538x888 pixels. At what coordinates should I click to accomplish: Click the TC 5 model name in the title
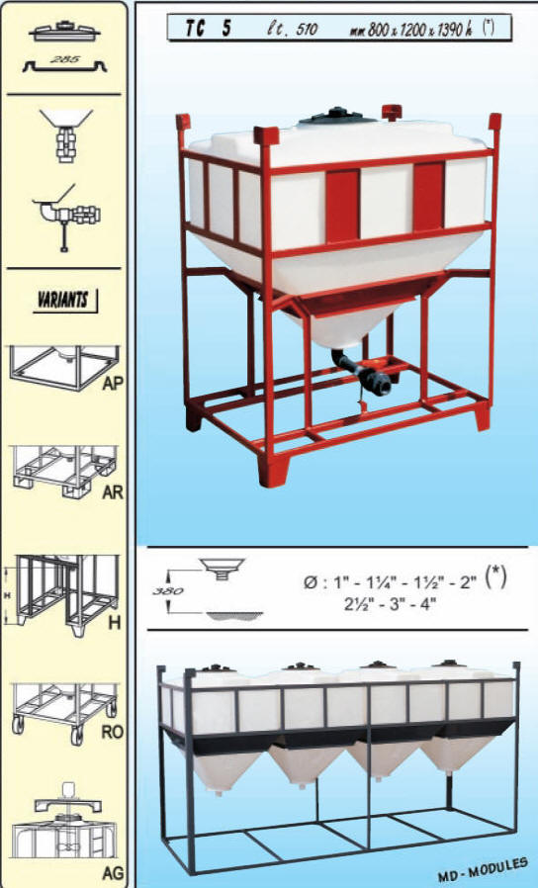tap(209, 28)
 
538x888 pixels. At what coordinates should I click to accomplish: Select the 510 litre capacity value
tap(307, 29)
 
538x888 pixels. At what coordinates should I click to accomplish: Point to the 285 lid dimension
tap(64, 59)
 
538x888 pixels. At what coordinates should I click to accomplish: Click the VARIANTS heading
tap(63, 300)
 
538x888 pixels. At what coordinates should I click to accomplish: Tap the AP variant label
tap(112, 384)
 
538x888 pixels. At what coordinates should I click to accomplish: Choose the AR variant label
tap(112, 492)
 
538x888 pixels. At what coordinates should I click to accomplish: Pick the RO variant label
tap(112, 732)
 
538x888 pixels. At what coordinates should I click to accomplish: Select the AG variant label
tap(112, 873)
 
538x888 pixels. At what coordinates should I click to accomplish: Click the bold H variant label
tap(115, 623)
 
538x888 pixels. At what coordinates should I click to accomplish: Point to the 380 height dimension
tap(167, 591)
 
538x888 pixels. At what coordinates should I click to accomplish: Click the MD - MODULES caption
tap(482, 870)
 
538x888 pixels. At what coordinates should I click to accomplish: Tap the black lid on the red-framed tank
tap(338, 115)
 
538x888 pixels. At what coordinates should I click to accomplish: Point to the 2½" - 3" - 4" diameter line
tap(391, 604)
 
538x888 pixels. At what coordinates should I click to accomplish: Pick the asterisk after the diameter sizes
tap(496, 577)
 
